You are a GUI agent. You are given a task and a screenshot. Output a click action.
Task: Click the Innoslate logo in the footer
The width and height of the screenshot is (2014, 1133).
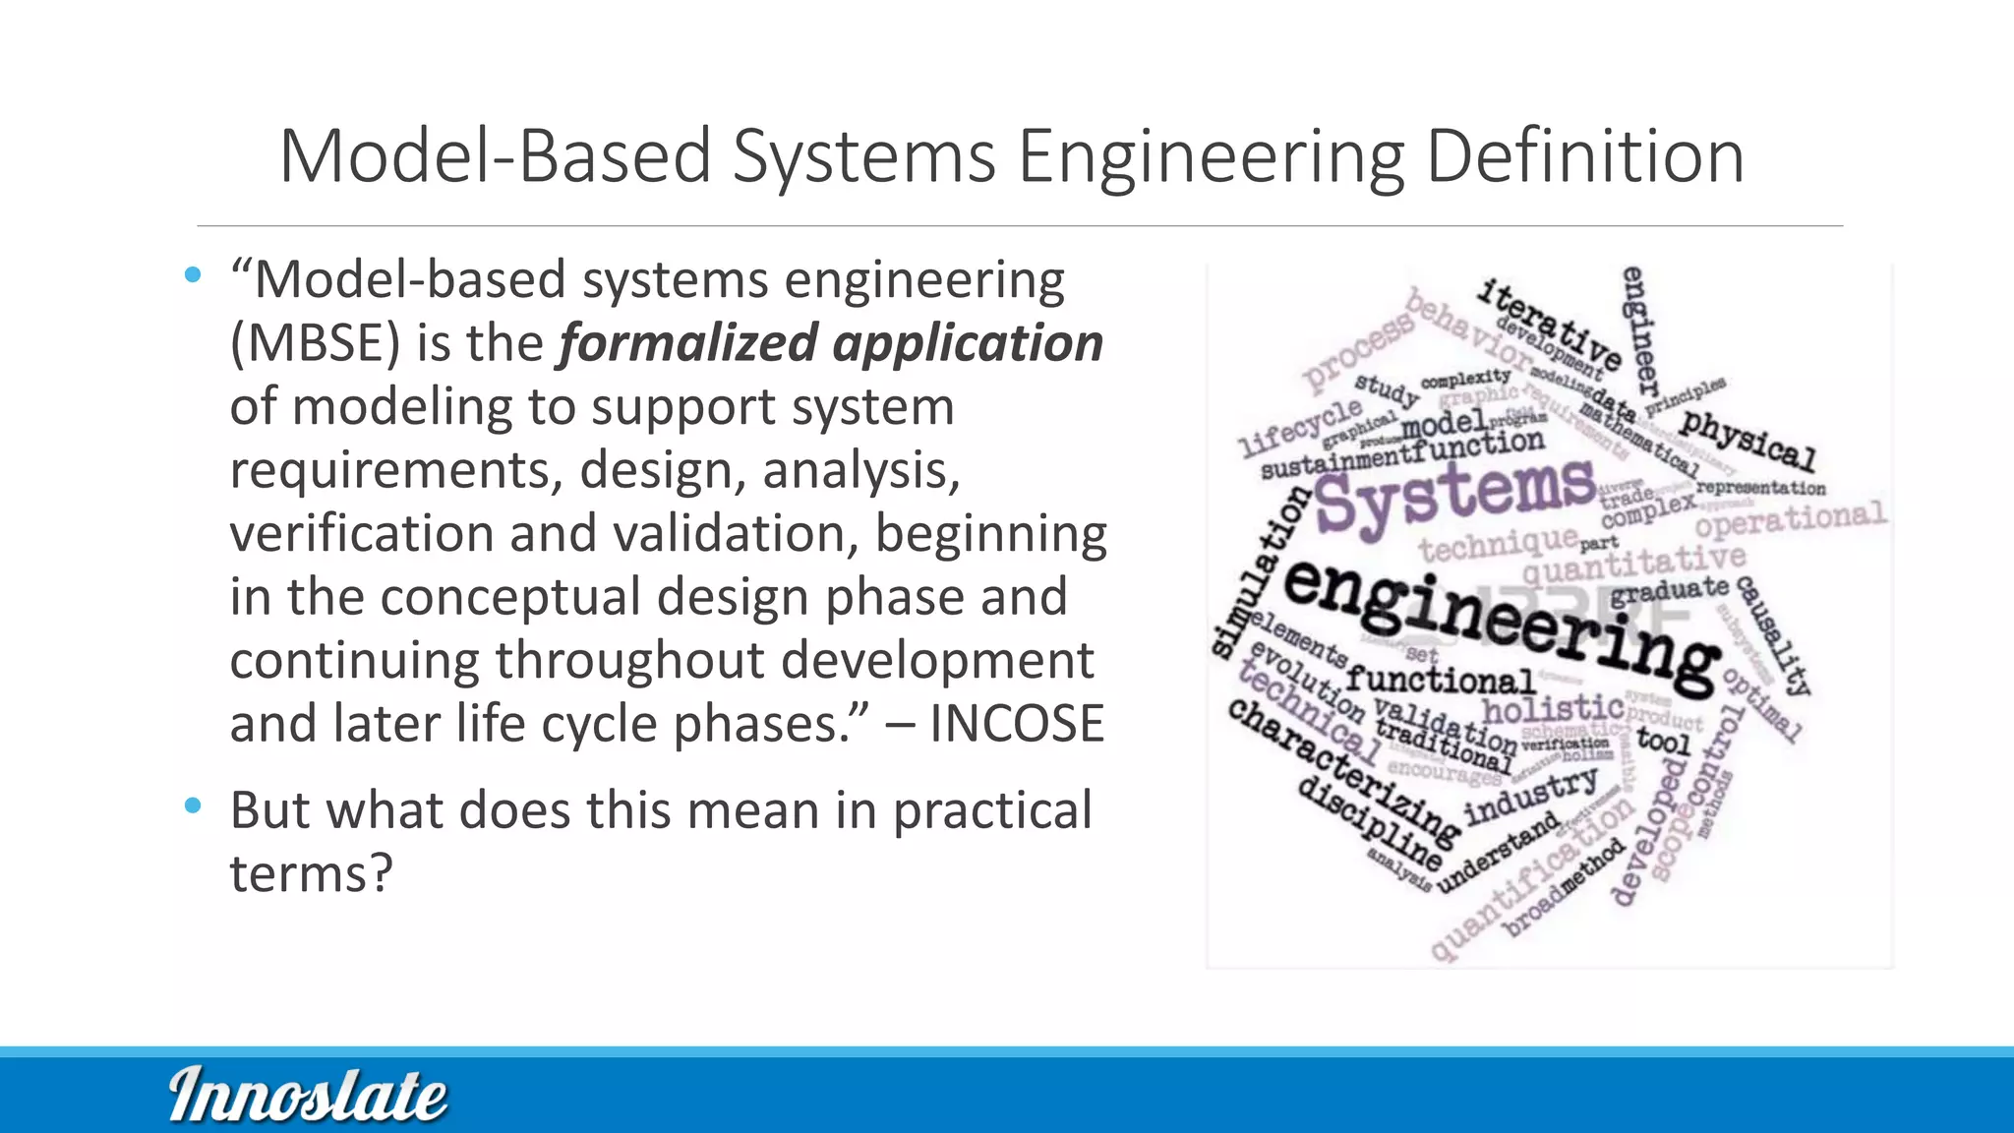pyautogui.click(x=308, y=1095)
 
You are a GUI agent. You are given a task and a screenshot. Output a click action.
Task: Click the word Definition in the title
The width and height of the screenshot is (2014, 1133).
pyautogui.click(x=1585, y=157)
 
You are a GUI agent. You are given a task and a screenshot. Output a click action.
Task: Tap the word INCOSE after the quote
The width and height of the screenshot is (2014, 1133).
pyautogui.click(x=1017, y=724)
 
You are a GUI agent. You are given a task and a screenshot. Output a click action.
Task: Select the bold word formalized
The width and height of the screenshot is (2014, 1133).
pyautogui.click(x=687, y=343)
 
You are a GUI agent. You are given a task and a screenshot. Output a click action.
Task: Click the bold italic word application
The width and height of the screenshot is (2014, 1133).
pyautogui.click(x=968, y=343)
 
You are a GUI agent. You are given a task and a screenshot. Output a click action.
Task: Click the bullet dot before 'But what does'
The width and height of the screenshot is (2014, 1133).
pyautogui.click(x=193, y=805)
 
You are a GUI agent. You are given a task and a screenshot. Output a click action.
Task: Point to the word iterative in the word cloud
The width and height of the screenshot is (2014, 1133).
pyautogui.click(x=1549, y=324)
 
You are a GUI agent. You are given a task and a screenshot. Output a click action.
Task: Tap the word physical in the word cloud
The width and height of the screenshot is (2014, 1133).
pyautogui.click(x=1747, y=440)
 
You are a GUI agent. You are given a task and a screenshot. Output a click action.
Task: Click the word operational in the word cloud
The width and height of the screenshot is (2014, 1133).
pyautogui.click(x=1790, y=519)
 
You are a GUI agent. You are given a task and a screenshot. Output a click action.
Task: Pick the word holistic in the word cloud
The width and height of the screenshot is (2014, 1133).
pyautogui.click(x=1553, y=707)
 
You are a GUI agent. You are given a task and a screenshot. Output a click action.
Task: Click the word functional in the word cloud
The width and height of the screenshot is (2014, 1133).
pyautogui.click(x=1440, y=679)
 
